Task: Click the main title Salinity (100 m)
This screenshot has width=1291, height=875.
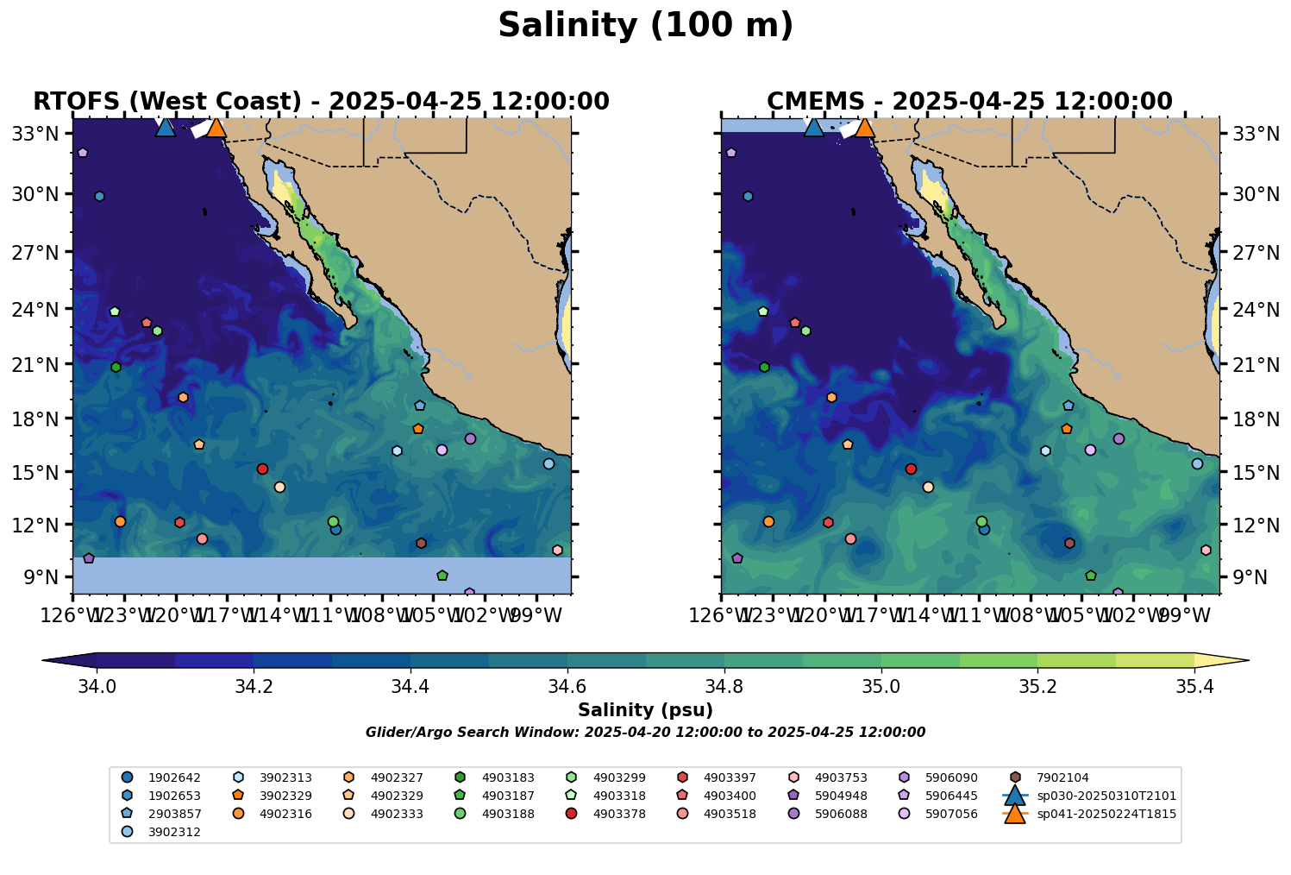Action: click(645, 26)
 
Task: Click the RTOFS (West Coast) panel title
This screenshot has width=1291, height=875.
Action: click(321, 102)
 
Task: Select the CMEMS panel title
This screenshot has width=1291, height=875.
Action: click(969, 102)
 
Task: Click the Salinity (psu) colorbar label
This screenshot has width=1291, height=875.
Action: click(645, 710)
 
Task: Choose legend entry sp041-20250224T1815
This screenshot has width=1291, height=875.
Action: click(1106, 814)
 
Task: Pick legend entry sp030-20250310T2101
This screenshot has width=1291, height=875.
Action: click(1106, 796)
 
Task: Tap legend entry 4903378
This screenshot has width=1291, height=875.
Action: click(619, 814)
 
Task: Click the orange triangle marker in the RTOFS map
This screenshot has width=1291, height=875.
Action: click(216, 128)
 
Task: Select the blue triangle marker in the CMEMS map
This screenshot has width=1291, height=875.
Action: click(813, 128)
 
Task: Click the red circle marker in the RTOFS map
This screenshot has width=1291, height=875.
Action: click(262, 469)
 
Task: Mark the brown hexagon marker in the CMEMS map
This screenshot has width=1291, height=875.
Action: click(1069, 543)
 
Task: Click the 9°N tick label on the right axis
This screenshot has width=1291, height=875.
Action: click(1244, 577)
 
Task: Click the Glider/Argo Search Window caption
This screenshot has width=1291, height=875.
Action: click(645, 733)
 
